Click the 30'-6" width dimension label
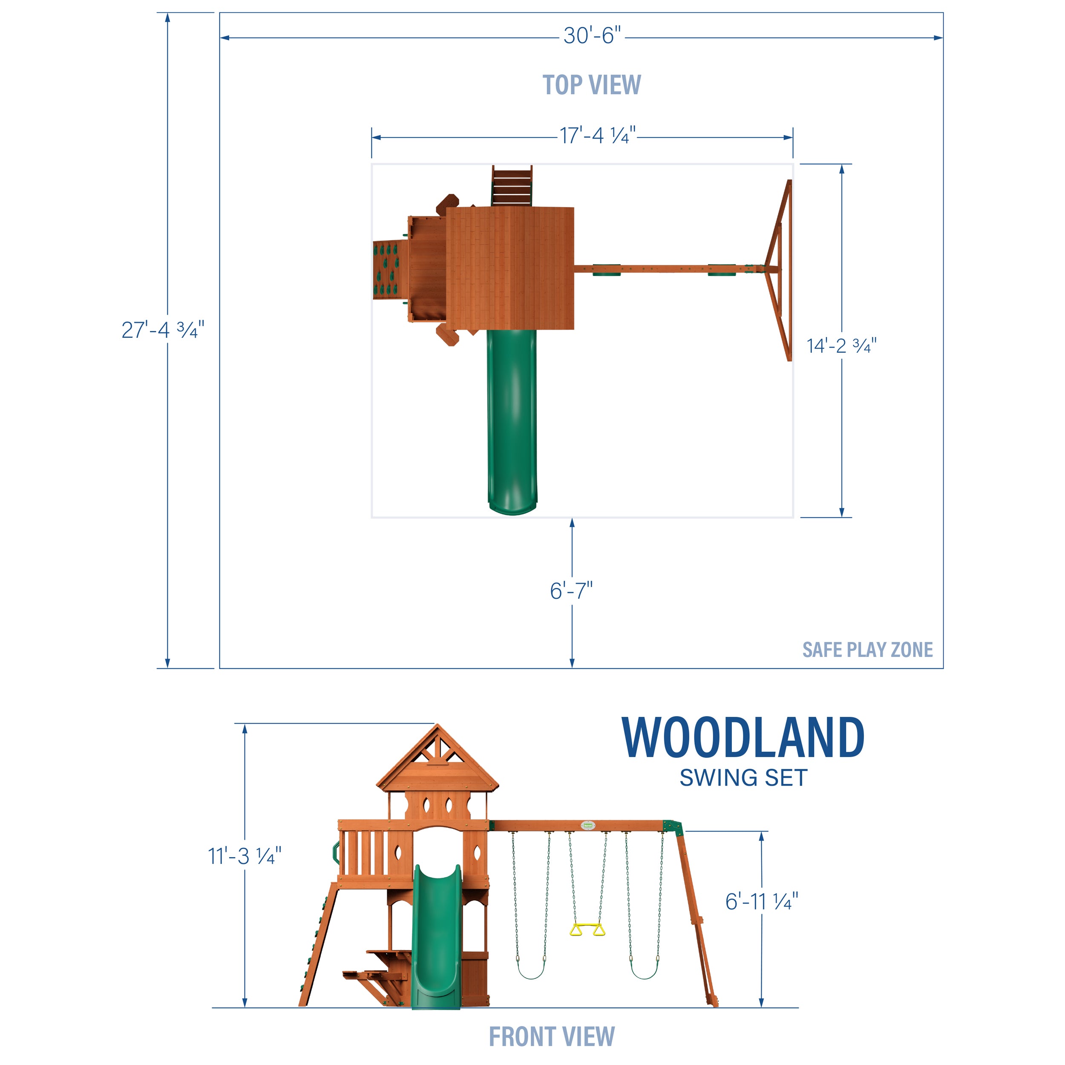[x=591, y=36]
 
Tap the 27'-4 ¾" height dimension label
[x=163, y=330]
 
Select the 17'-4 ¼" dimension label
[x=598, y=135]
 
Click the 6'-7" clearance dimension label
[x=571, y=591]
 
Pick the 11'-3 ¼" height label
[x=244, y=857]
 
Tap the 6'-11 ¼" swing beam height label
[x=761, y=902]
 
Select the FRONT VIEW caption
[x=551, y=1036]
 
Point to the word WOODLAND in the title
[x=743, y=738]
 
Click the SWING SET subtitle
[x=743, y=778]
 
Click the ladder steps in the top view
[x=512, y=186]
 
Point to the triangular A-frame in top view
[x=780, y=270]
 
